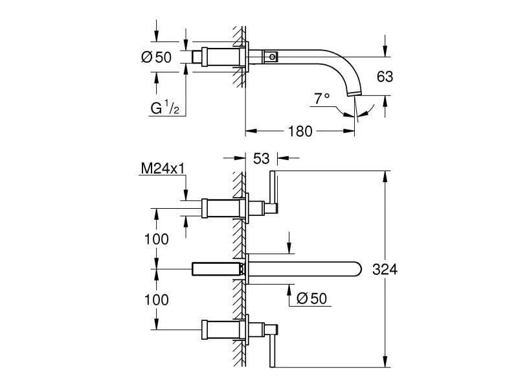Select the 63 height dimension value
click(385, 77)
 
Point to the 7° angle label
click(322, 99)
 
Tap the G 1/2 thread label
click(165, 108)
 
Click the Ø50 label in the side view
click(156, 57)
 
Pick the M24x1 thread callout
click(163, 169)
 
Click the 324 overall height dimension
click(385, 269)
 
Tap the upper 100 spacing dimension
click(155, 239)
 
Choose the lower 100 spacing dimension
click(155, 300)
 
